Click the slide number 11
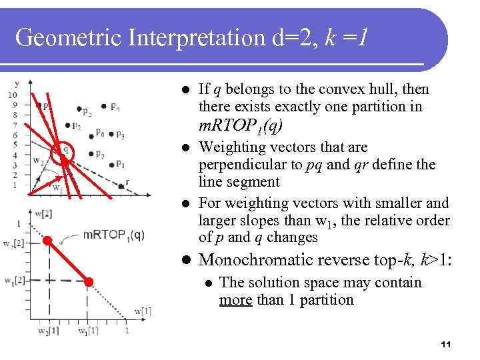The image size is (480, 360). point(446,345)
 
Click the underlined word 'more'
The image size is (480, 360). point(236,300)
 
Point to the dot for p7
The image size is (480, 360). point(91,153)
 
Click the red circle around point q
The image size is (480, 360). point(65,151)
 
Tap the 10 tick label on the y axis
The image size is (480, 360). point(12,95)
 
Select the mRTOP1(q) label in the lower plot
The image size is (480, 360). point(113,235)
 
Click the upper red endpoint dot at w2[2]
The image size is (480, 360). point(47,241)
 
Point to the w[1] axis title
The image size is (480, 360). point(143,311)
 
